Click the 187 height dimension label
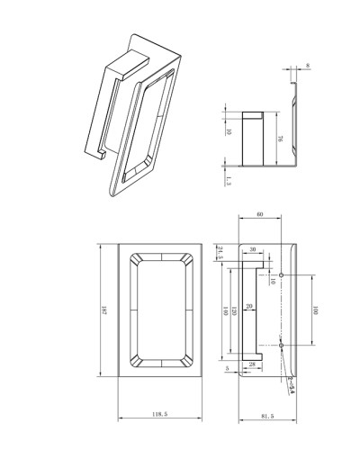[x=104, y=311]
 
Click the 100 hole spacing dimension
[x=316, y=310]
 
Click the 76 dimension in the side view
[x=280, y=139]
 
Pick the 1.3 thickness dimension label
[x=229, y=183]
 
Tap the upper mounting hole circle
[x=282, y=274]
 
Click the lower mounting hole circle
[x=282, y=346]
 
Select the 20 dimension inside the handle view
[x=249, y=307]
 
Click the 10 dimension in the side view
[x=229, y=131]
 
